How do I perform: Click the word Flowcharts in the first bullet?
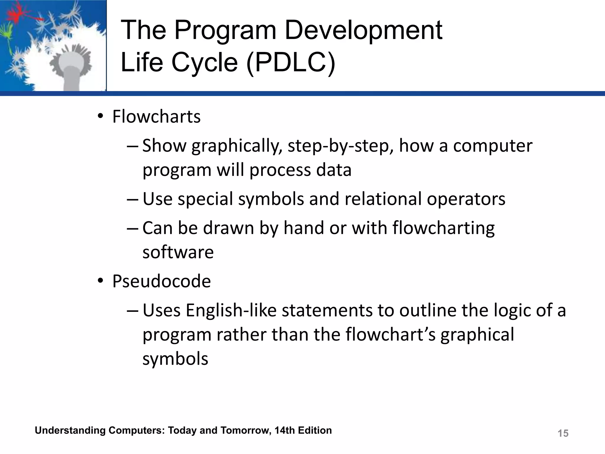[x=156, y=116]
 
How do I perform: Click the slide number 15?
[x=563, y=433]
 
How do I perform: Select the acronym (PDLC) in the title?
[x=291, y=63]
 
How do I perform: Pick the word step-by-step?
[x=340, y=146]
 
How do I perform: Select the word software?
[x=178, y=252]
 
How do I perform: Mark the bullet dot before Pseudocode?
[x=100, y=281]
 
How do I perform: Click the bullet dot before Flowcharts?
[x=100, y=116]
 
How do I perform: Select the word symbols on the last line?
[x=175, y=359]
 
